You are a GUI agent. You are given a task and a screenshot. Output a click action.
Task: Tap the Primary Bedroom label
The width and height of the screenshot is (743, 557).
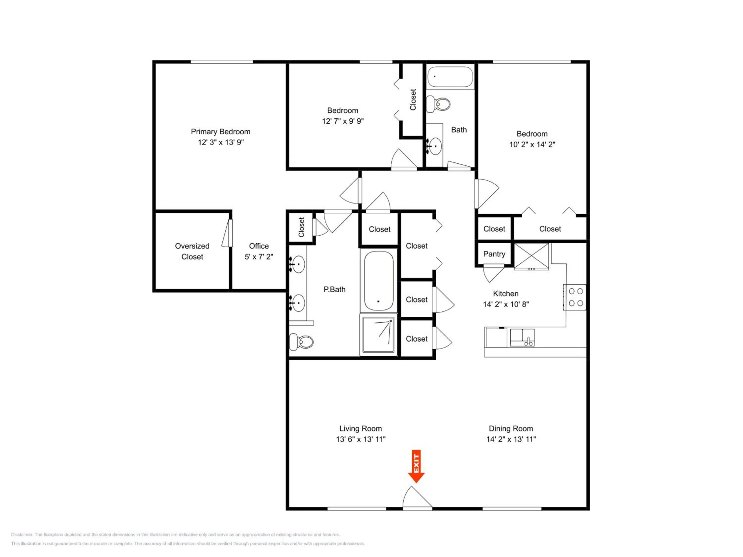coord(220,132)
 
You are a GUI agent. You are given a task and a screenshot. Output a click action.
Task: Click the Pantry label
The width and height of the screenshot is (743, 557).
coord(494,254)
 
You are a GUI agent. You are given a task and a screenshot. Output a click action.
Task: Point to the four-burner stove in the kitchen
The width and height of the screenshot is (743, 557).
coord(575,297)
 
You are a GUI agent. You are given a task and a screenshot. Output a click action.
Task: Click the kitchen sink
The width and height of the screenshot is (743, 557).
coord(522,337)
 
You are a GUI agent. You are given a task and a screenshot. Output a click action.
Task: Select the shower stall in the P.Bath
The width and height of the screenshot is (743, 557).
coord(378,334)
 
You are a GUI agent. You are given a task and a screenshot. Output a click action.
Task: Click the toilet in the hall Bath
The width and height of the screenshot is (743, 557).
coord(438,104)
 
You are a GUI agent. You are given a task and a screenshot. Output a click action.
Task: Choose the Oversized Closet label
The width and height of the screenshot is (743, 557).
coord(192,251)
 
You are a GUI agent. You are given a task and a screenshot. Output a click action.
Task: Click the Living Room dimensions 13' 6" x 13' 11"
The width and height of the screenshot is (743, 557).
coord(361,439)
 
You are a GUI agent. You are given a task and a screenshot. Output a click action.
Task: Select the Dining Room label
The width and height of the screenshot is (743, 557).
coord(511,429)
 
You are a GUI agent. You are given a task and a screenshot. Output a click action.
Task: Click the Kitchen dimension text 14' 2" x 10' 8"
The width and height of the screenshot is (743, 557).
coord(506,304)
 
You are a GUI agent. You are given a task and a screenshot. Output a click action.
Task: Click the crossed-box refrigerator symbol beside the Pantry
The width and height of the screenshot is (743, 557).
coord(532,256)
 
